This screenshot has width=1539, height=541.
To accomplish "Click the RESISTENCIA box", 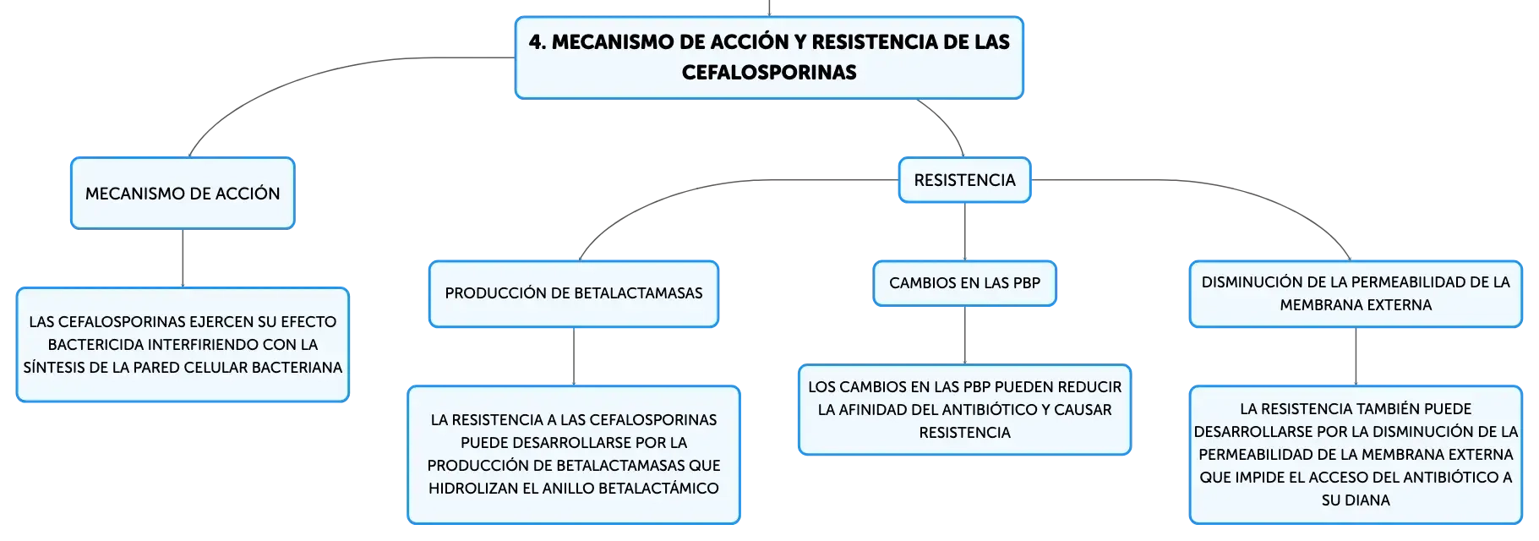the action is tap(964, 180).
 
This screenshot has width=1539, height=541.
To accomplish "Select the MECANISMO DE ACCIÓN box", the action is tap(183, 193).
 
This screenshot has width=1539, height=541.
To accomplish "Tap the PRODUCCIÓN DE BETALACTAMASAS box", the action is tap(574, 293).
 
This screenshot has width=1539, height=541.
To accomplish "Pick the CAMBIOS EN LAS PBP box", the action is tap(964, 283).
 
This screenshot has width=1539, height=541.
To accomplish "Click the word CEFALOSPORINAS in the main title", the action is tap(769, 73).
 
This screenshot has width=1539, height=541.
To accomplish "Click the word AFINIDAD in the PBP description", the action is tap(872, 410).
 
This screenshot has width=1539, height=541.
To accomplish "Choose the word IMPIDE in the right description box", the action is tap(1262, 478).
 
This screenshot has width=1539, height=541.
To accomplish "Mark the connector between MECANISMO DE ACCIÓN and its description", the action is tap(183, 259).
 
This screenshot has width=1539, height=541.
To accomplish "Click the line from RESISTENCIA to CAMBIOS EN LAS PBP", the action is tap(964, 232).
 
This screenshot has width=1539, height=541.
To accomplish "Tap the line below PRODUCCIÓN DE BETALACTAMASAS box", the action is tap(574, 357).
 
